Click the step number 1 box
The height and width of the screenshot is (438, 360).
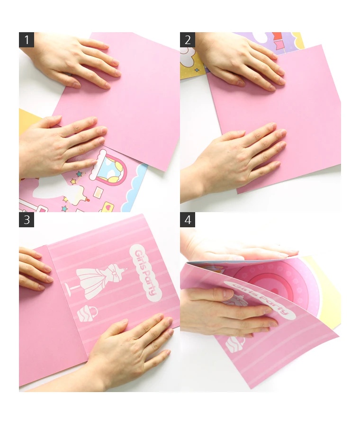[x=26, y=40]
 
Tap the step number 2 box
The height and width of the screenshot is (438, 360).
[x=187, y=40]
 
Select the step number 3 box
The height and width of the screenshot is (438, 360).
[x=26, y=220]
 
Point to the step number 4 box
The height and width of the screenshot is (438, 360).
[x=187, y=220]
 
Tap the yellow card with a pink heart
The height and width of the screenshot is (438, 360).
[x=108, y=208]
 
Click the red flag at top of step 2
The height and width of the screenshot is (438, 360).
[x=277, y=36]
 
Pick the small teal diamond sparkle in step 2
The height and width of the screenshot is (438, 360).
[x=197, y=70]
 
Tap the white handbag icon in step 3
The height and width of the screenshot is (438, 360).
[x=87, y=314]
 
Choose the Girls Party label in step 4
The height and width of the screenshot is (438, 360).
[x=261, y=300]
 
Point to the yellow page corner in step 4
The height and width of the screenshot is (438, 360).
[x=326, y=293]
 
